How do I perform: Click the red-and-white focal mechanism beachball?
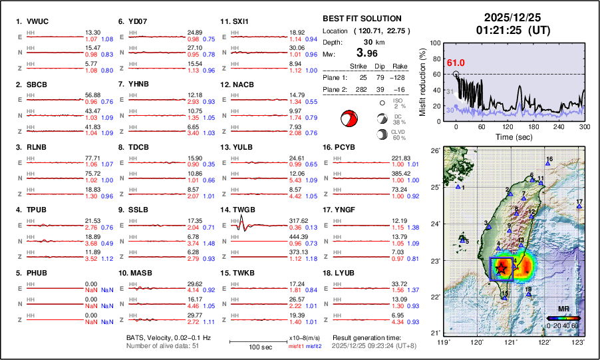[347, 119]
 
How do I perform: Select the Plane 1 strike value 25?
[363, 75]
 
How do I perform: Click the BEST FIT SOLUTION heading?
[361, 19]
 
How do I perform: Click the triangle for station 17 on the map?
[579, 207]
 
